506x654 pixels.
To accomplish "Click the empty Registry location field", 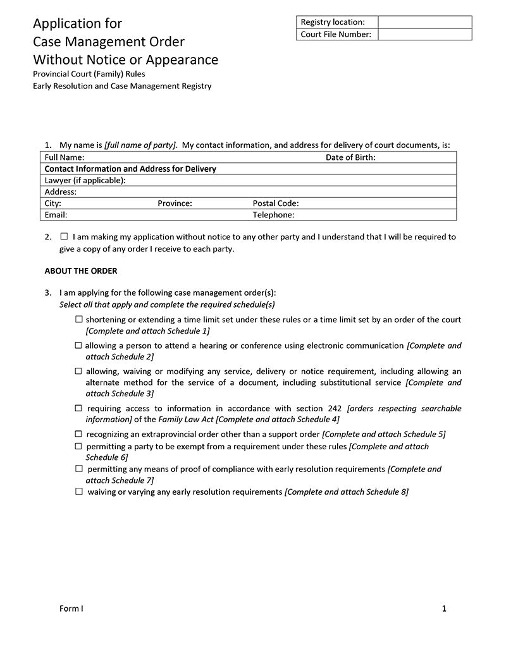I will pyautogui.click(x=425, y=22).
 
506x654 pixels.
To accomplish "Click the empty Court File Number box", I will pyautogui.click(x=425, y=34).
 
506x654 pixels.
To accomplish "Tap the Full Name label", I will pyautogui.click(x=65, y=157).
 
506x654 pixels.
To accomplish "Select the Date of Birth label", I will pyautogui.click(x=350, y=157).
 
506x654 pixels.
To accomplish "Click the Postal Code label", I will pyautogui.click(x=276, y=203).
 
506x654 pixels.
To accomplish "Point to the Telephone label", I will pyautogui.click(x=274, y=215).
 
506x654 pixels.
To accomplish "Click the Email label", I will pyautogui.click(x=56, y=215).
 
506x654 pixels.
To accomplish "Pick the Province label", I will pyautogui.click(x=175, y=203).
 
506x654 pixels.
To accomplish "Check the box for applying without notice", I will pyautogui.click(x=64, y=237).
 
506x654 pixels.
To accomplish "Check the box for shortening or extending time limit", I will pyautogui.click(x=78, y=319).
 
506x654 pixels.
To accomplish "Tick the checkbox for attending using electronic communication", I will pyautogui.click(x=78, y=346).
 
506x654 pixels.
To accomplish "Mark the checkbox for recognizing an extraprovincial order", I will pyautogui.click(x=78, y=434).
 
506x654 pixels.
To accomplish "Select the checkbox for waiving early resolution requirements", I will pyautogui.click(x=79, y=491).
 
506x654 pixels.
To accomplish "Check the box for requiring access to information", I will pyautogui.click(x=79, y=408).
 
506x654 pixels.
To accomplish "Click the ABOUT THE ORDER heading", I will pyautogui.click(x=81, y=271).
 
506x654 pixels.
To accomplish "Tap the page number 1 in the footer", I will pyautogui.click(x=444, y=609).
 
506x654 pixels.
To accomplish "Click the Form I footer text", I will pyautogui.click(x=71, y=609).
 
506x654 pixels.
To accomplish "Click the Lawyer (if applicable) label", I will pyautogui.click(x=85, y=180).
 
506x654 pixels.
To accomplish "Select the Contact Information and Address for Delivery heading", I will pyautogui.click(x=130, y=169).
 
